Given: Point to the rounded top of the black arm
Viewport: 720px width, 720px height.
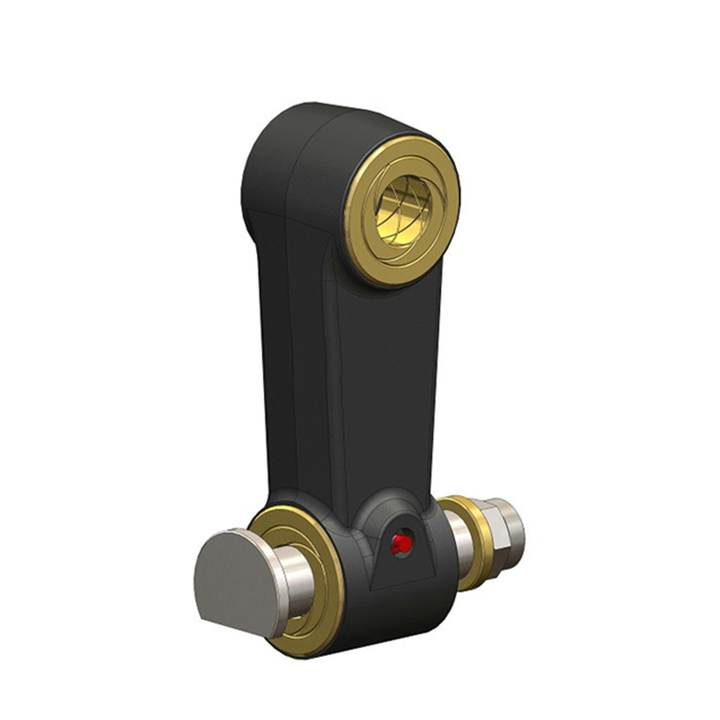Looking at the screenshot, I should (324, 117).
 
